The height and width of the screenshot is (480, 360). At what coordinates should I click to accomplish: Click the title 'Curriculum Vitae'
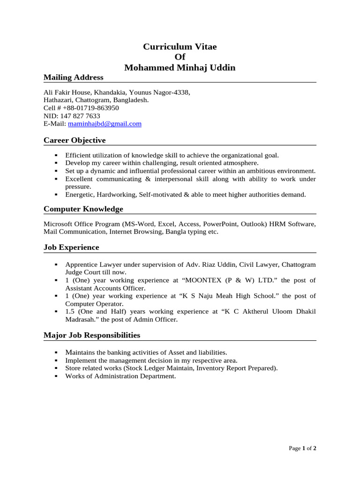click(180, 47)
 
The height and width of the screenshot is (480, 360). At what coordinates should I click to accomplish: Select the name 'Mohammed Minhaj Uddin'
click(180, 68)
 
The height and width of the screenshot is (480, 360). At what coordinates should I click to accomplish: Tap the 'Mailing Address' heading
click(73, 77)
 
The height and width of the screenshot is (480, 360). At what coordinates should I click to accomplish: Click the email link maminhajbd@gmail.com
click(105, 124)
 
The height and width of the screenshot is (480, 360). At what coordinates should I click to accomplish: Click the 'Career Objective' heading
click(75, 141)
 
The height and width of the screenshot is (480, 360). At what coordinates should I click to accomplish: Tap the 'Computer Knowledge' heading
click(83, 209)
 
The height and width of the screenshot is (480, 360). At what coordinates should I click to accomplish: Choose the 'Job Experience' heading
click(71, 247)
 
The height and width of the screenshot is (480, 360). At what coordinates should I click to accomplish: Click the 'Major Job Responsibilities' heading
click(92, 336)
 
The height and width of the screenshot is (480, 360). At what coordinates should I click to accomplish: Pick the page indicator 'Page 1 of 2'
click(303, 449)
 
